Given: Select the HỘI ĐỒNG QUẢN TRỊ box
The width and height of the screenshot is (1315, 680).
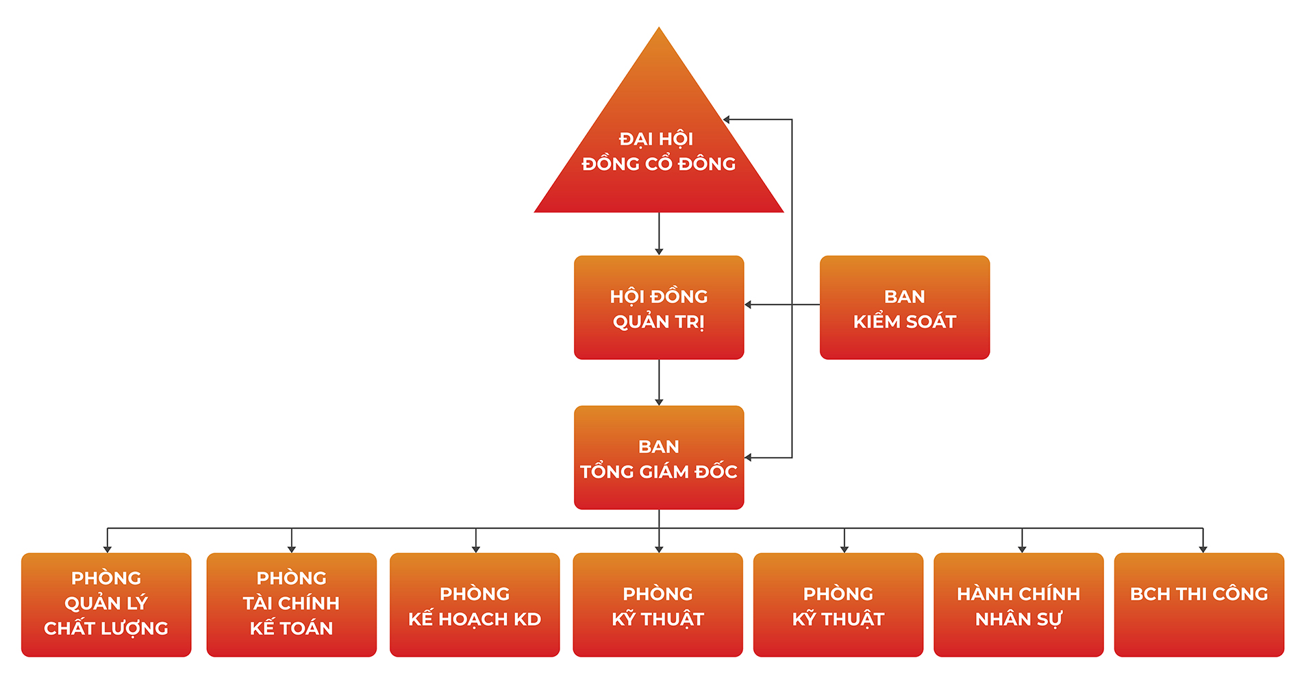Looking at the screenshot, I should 658,308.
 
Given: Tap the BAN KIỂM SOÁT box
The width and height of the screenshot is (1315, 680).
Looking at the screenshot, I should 904,308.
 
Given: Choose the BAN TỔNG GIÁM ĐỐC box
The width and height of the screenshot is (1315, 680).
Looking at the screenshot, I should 658,458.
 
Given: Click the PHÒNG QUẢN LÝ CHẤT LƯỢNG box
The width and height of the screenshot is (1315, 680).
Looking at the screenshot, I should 106,604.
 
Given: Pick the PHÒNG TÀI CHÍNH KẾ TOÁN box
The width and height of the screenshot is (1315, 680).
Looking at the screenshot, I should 291,604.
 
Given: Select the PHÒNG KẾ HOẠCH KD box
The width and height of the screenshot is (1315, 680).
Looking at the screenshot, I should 475,604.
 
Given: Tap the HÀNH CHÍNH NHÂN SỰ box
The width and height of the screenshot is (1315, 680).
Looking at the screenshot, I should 1018,604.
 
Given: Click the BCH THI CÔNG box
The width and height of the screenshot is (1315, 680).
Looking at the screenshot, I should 1199,604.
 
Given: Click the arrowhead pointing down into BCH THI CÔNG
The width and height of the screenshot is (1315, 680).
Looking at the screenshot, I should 1203,549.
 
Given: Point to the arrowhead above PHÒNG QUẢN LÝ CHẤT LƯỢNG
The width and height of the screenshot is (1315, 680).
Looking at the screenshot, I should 108,549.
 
